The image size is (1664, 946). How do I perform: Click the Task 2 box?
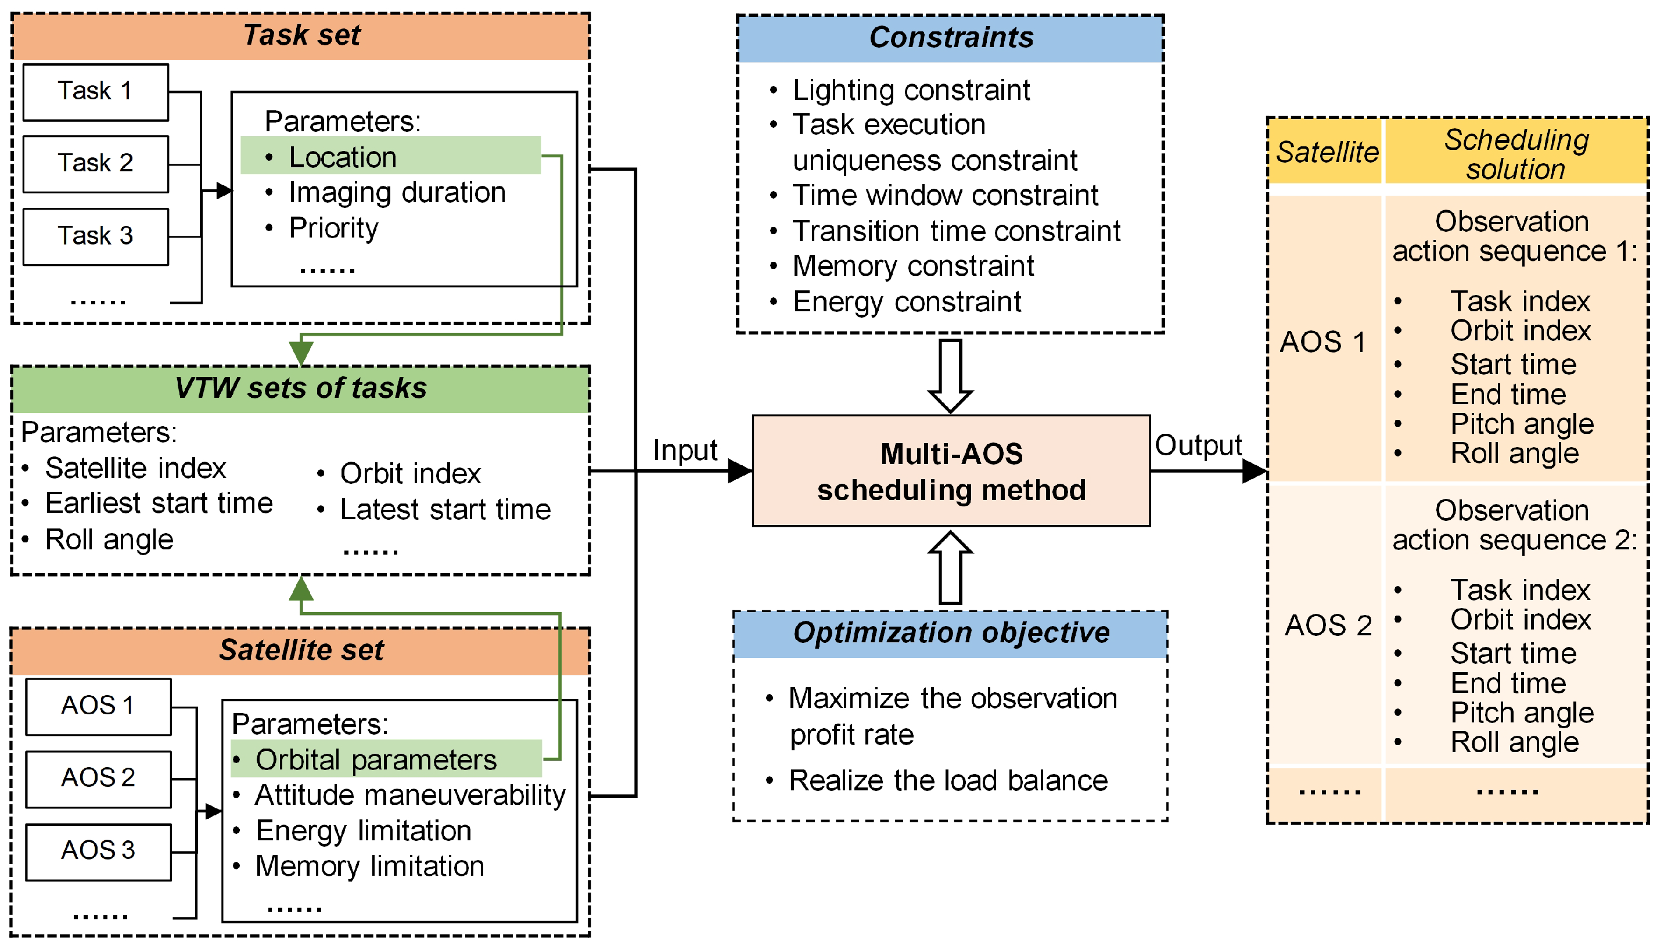coord(95,164)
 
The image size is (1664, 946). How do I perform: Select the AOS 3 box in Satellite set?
coord(98,851)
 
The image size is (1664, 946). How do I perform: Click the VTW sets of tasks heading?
coord(301,389)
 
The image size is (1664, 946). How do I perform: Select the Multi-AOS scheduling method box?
coord(951,471)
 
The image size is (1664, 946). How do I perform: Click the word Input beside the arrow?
coord(685,450)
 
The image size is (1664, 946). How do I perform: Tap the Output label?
coord(1198,446)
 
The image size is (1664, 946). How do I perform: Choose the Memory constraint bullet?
coord(913,267)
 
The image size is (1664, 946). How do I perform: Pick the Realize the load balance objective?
coord(947,780)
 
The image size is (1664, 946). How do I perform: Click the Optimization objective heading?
coord(951,633)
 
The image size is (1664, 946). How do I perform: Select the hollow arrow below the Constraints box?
coord(950,376)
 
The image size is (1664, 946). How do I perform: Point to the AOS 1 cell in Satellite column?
coord(1323,341)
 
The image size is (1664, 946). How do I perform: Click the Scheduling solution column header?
coord(1515,154)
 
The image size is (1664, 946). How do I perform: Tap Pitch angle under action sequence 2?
coord(1521,713)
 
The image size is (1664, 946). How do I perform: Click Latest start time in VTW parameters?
coord(445,510)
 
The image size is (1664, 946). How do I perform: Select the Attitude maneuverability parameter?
coord(409,795)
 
